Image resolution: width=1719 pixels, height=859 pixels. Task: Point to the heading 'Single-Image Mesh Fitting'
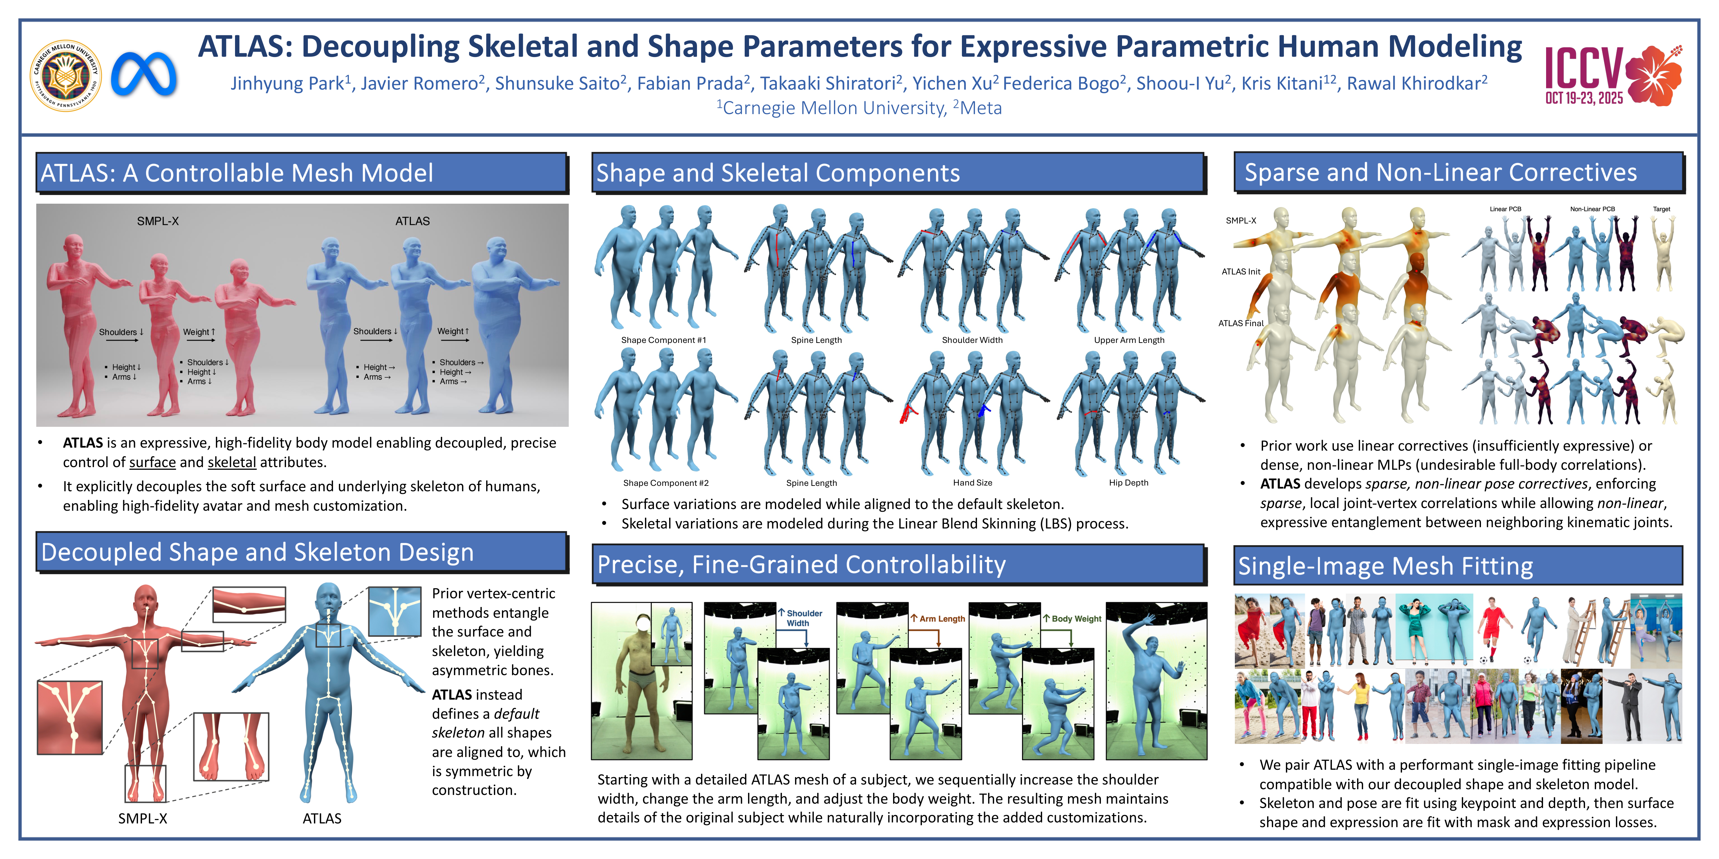pyautogui.click(x=1385, y=566)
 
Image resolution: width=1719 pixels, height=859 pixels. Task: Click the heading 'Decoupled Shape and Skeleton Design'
pyautogui.click(x=258, y=552)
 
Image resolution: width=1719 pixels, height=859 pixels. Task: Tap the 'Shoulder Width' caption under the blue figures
pyautogui.click(x=972, y=340)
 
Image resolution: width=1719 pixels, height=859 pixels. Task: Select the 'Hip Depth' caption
pyautogui.click(x=1128, y=483)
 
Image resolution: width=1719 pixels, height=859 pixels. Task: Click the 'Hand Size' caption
pyautogui.click(x=972, y=483)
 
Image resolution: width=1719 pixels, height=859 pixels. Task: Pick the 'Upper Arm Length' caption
pyautogui.click(x=1129, y=340)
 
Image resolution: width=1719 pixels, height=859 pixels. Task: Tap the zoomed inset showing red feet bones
pyautogui.click(x=231, y=746)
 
